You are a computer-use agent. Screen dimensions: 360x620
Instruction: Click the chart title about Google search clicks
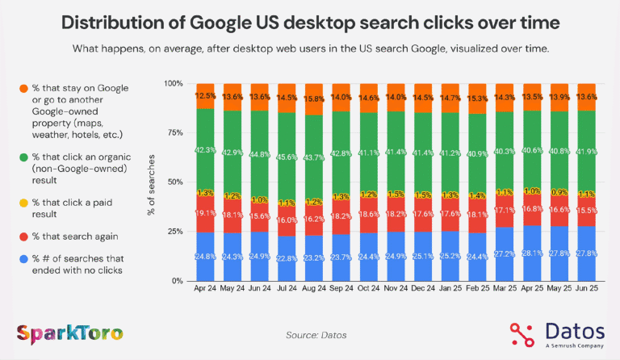[x=310, y=22]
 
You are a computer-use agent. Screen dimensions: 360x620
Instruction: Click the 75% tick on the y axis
[x=175, y=133]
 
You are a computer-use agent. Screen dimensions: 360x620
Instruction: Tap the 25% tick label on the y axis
[x=175, y=232]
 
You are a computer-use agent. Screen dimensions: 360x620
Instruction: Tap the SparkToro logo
[x=69, y=333]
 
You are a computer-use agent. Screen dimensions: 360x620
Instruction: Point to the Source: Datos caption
[x=311, y=333]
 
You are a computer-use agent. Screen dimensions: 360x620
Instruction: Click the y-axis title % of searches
[x=152, y=182]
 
